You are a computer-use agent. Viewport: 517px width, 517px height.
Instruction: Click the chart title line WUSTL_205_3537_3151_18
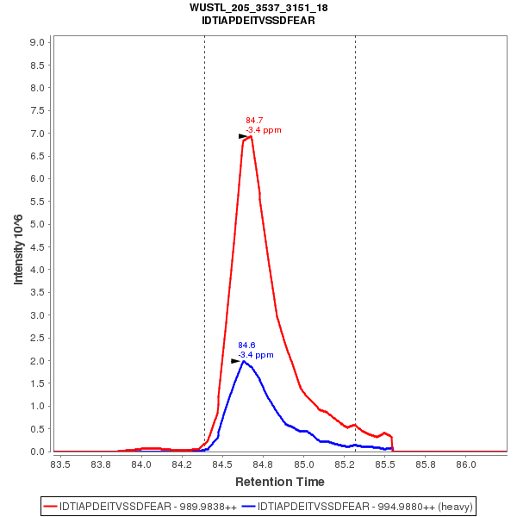pos(258,8)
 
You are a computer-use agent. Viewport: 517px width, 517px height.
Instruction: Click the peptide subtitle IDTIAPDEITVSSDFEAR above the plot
pos(258,20)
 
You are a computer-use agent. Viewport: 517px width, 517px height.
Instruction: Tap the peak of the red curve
pos(251,136)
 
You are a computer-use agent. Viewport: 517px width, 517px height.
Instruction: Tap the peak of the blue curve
pos(243,361)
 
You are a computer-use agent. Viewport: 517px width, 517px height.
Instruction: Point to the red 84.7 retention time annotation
pos(254,121)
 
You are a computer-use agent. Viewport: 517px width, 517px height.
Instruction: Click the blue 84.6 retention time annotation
pos(246,345)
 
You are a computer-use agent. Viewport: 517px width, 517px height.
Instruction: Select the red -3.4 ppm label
pos(264,130)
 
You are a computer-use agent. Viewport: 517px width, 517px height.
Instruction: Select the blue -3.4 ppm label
pos(256,355)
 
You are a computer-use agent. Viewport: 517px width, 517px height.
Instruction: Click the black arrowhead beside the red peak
pos(243,136)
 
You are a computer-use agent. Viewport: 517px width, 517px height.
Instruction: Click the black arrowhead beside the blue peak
pos(235,361)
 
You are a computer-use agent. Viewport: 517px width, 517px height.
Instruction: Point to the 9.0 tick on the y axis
pos(38,42)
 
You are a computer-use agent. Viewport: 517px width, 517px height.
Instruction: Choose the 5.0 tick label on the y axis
pos(38,224)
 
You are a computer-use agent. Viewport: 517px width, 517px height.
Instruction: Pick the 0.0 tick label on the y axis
pos(38,452)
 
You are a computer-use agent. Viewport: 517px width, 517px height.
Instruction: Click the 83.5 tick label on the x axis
pos(60,464)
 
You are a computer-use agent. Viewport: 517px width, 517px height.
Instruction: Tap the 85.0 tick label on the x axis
pos(303,464)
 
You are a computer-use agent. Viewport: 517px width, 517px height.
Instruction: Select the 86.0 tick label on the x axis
pos(465,464)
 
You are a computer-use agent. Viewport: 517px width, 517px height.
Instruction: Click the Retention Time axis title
pos(280,482)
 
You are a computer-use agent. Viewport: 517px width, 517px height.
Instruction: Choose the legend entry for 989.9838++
pos(146,506)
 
